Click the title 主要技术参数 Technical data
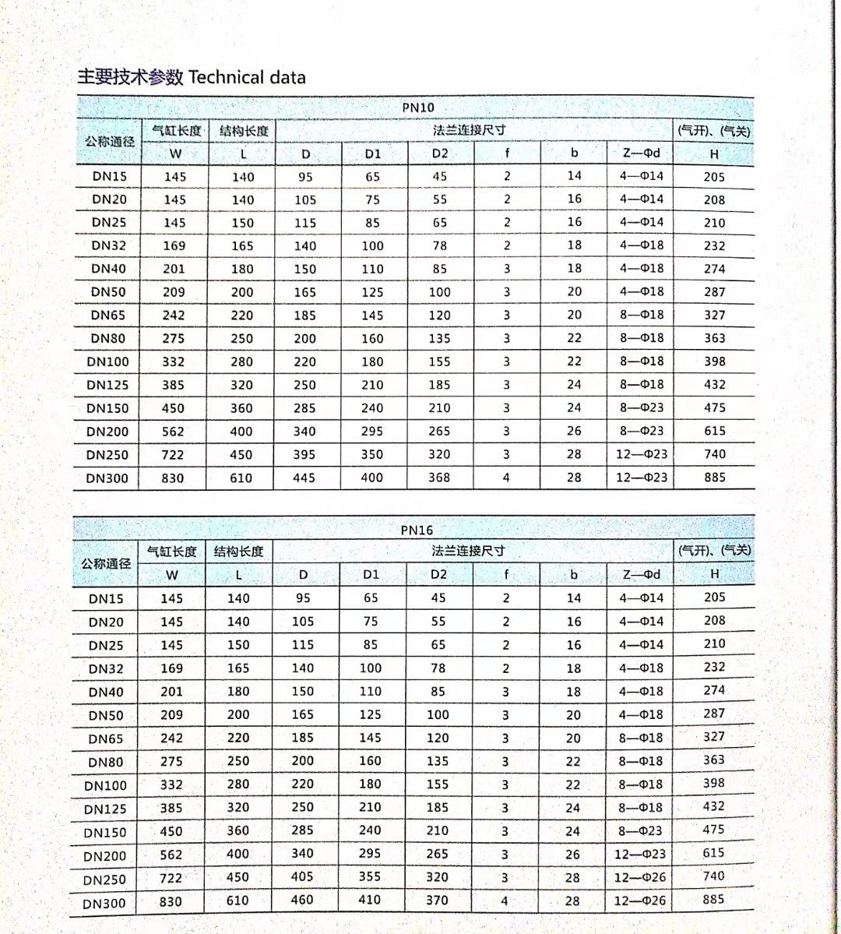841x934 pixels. tap(191, 76)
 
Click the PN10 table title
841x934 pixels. tap(418, 107)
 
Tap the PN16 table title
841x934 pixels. tap(417, 530)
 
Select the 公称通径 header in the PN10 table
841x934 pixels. tap(110, 141)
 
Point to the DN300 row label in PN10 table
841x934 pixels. tap(107, 478)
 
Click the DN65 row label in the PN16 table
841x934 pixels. tap(106, 738)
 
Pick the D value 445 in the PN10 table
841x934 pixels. tap(304, 478)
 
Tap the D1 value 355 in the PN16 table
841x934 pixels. tap(370, 877)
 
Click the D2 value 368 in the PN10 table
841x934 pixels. tap(439, 477)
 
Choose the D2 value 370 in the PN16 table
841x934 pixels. tap(437, 900)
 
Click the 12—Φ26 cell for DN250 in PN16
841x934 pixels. tap(640, 877)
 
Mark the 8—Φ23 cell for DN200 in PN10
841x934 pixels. tap(642, 431)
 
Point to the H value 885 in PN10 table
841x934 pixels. tap(715, 477)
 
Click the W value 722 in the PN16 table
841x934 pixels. tap(171, 878)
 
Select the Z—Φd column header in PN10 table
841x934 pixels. tap(642, 153)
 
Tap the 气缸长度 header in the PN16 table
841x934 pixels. tap(172, 552)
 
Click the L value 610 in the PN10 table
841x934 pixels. tap(241, 478)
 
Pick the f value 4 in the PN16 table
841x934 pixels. tap(505, 901)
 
